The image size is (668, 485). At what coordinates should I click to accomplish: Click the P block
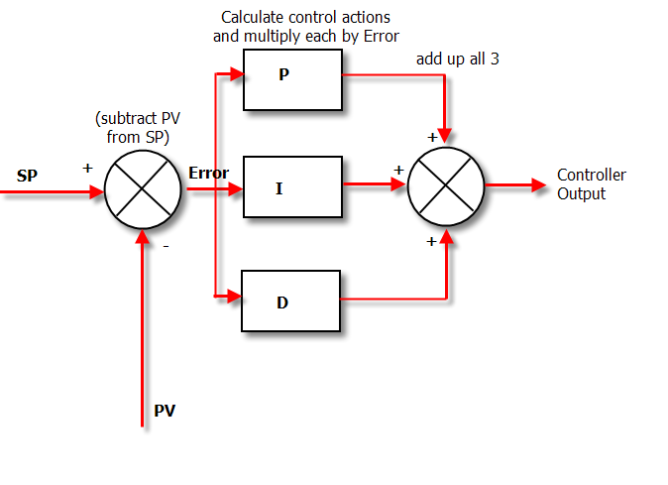click(x=291, y=79)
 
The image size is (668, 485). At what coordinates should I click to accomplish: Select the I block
click(x=291, y=186)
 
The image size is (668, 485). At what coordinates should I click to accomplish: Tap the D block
click(x=291, y=301)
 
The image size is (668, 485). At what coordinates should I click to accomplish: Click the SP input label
click(x=27, y=177)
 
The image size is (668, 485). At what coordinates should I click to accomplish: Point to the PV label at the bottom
click(x=165, y=410)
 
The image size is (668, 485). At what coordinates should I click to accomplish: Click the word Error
click(x=208, y=174)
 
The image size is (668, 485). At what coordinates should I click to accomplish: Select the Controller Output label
click(x=591, y=184)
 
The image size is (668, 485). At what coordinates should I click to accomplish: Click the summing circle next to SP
click(x=143, y=186)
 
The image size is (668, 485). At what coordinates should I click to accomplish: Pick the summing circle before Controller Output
click(x=446, y=185)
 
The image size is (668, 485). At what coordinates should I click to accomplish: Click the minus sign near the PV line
click(x=165, y=246)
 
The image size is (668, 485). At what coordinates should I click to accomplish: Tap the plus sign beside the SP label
click(x=87, y=168)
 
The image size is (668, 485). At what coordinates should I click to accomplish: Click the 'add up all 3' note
click(x=457, y=60)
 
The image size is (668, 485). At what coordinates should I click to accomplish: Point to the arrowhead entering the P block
click(x=236, y=73)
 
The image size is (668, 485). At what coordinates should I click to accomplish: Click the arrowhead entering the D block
click(x=235, y=296)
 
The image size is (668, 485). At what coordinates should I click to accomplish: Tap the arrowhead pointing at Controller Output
click(x=538, y=185)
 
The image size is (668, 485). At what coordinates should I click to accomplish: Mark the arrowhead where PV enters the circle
click(x=143, y=233)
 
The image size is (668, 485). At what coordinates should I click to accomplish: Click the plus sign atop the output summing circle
click(x=432, y=137)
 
